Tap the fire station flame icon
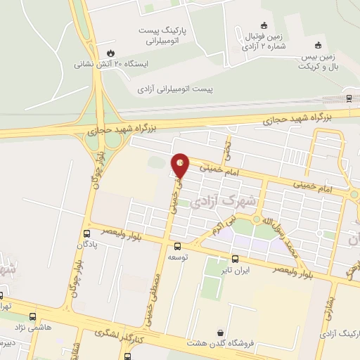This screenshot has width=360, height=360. click(x=110, y=53)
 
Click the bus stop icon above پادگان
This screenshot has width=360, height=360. click(x=86, y=233)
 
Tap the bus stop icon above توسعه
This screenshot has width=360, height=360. click(x=176, y=246)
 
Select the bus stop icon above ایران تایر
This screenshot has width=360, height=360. click(x=255, y=258)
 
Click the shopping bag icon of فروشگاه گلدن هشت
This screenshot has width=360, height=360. click(x=220, y=333)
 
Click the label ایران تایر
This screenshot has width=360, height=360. click(x=255, y=269)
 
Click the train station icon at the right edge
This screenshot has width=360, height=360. click(x=349, y=98)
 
